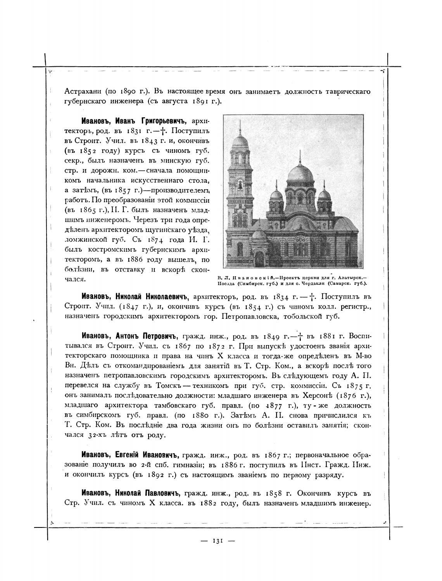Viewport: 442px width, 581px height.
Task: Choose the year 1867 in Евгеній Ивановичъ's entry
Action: pyautogui.click(x=275, y=455)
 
